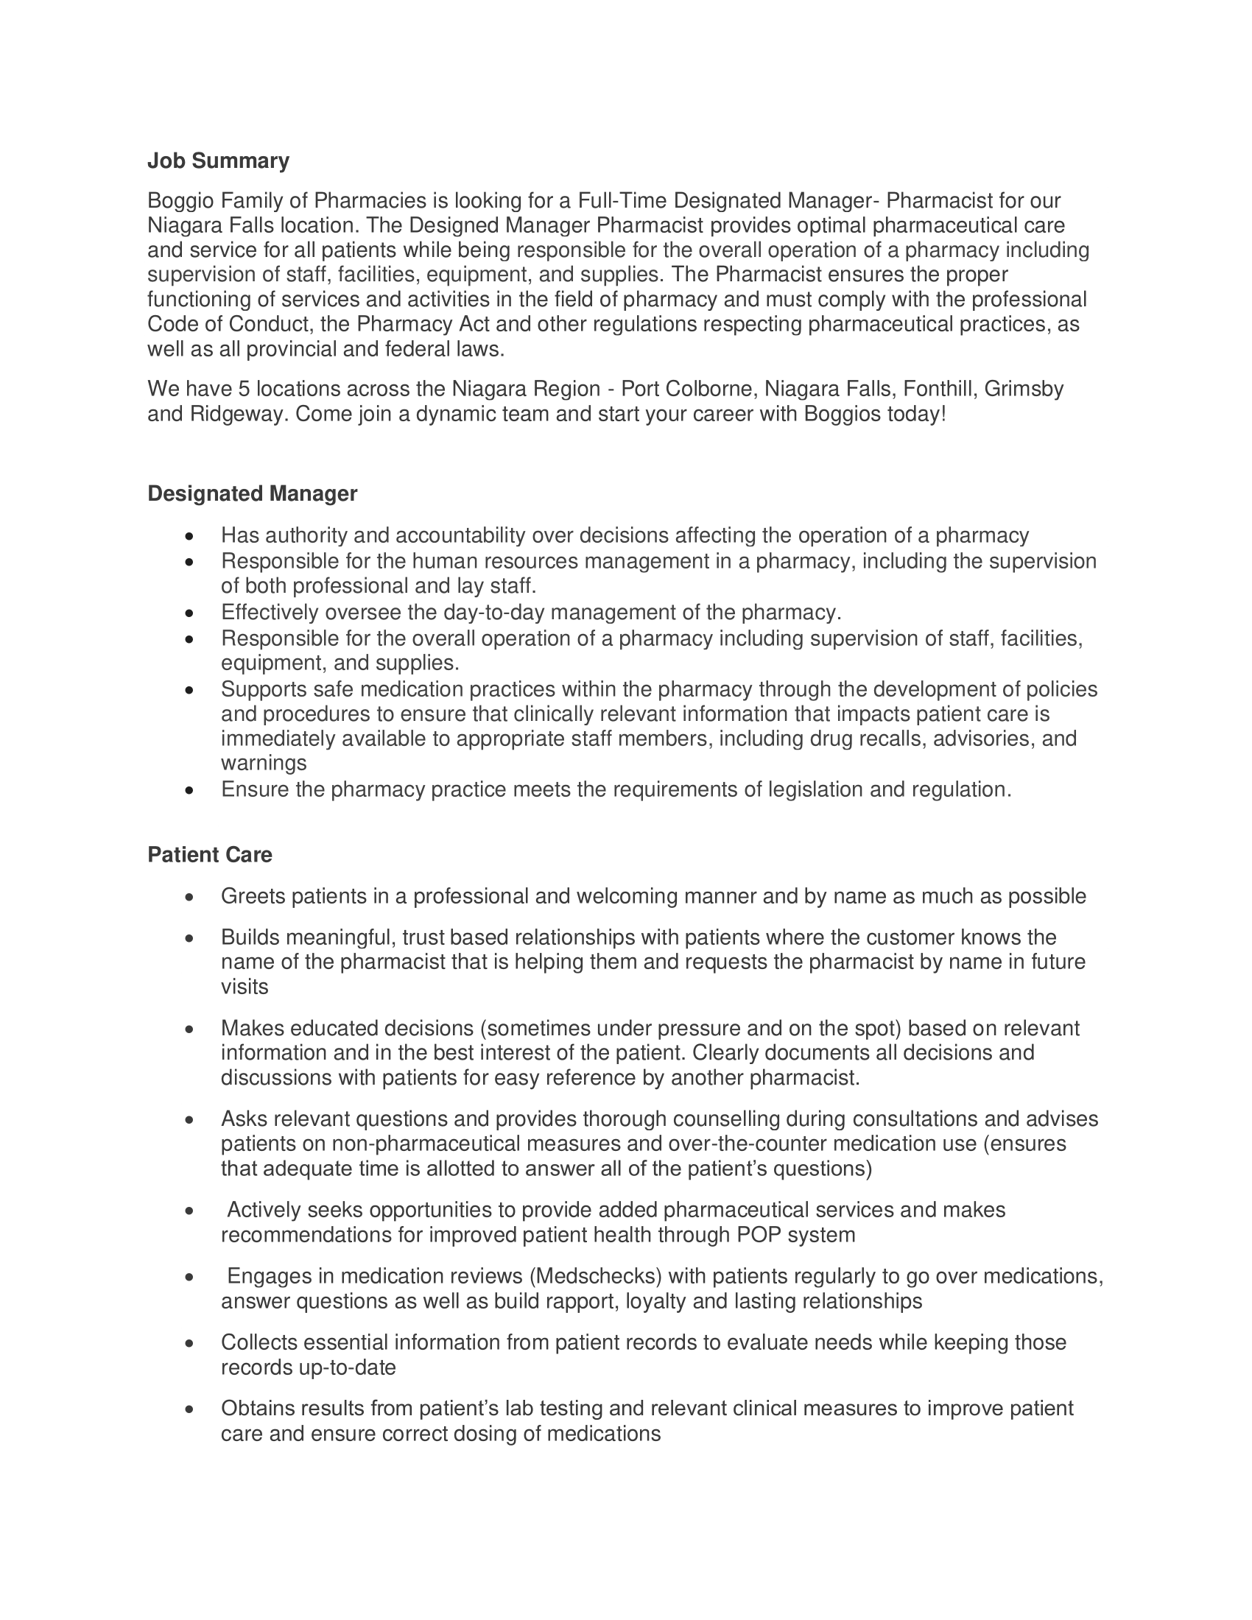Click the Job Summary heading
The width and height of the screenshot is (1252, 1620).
[218, 161]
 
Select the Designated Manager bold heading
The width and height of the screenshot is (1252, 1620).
[252, 493]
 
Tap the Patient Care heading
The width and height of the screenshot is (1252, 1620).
[210, 854]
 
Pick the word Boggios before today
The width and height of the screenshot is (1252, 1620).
[843, 413]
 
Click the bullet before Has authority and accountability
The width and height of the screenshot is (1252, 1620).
[191, 535]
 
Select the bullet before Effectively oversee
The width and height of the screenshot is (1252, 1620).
[191, 613]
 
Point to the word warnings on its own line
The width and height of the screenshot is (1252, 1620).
[264, 763]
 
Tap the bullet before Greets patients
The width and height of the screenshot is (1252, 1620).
[191, 898]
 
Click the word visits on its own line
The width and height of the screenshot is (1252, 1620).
[245, 987]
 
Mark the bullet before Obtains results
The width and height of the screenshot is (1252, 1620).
[191, 1409]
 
